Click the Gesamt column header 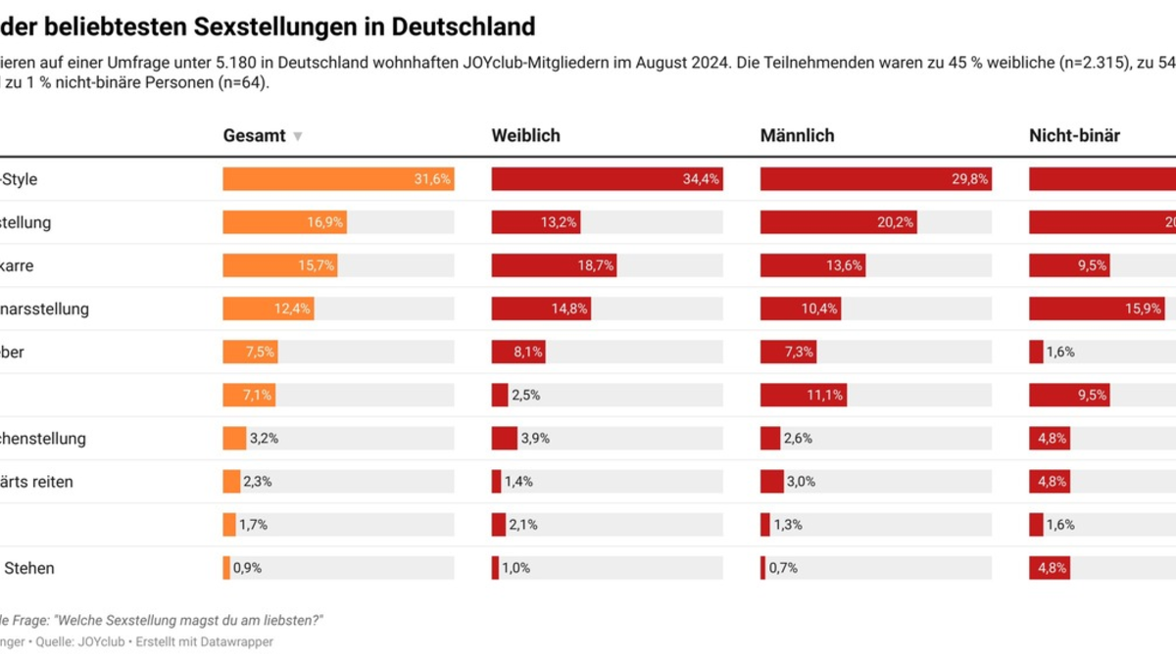click(x=254, y=136)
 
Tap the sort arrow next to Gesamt click(x=298, y=137)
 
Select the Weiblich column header click(x=525, y=136)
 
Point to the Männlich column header click(x=797, y=136)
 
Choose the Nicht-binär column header click(x=1074, y=136)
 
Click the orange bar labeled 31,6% click(x=338, y=179)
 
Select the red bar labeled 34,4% click(x=607, y=179)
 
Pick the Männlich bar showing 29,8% click(x=875, y=179)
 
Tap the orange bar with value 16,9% click(x=284, y=222)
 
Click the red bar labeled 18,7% click(x=554, y=265)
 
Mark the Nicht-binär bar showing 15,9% click(x=1097, y=308)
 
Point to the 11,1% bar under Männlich click(x=803, y=395)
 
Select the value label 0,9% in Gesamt click(x=247, y=568)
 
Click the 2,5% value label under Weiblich click(x=525, y=395)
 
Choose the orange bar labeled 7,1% click(x=249, y=395)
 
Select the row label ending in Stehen click(x=28, y=568)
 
